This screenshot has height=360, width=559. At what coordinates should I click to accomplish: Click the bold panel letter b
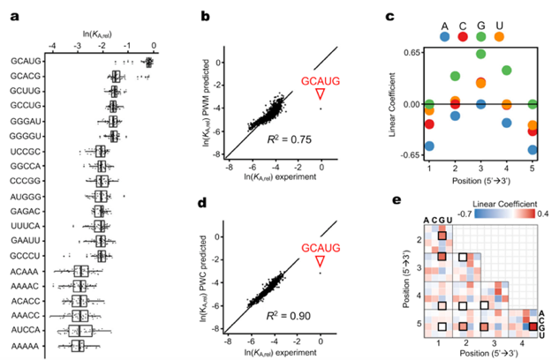click(205, 16)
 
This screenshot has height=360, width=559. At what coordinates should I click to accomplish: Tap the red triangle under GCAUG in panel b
click(321, 94)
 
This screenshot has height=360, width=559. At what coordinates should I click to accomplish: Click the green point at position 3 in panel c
click(480, 54)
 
